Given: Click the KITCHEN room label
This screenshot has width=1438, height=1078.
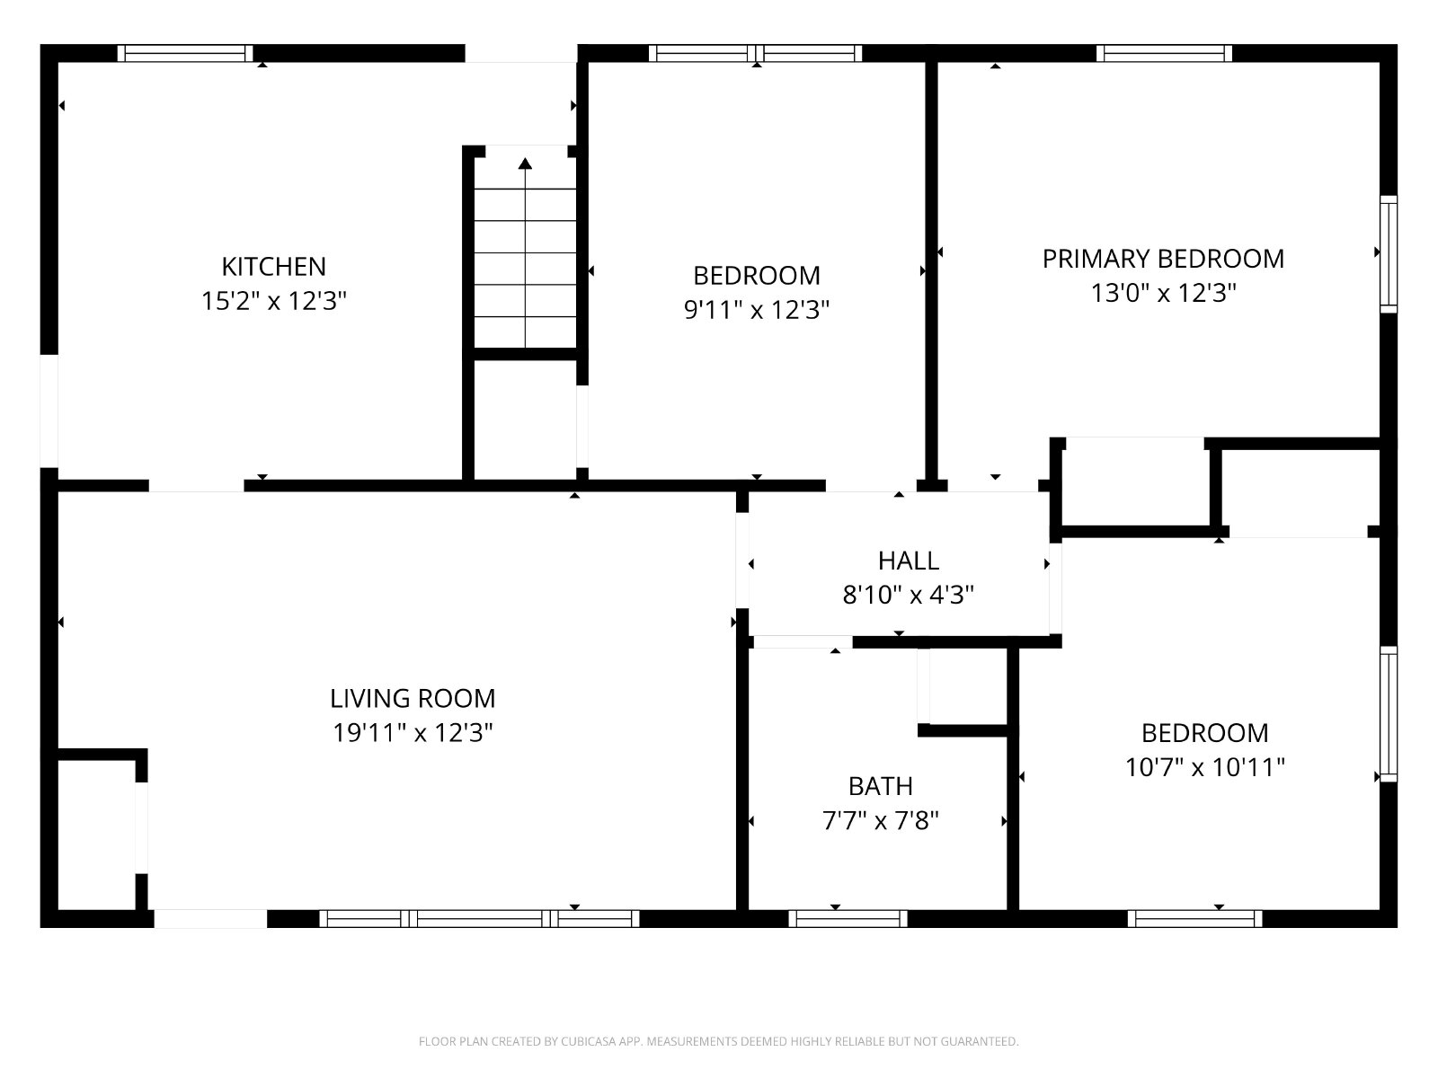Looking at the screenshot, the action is (x=273, y=267).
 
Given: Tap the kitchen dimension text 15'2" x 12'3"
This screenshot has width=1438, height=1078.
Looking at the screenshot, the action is (x=273, y=301).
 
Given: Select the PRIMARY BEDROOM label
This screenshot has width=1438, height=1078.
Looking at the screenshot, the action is (x=1163, y=259).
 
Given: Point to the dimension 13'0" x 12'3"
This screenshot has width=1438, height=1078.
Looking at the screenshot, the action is (x=1163, y=293).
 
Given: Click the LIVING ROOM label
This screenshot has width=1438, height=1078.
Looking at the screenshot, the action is (x=413, y=698).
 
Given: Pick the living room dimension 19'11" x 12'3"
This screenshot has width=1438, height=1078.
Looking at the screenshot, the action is (x=413, y=732).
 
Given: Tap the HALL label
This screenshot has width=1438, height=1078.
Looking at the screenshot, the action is (x=908, y=561).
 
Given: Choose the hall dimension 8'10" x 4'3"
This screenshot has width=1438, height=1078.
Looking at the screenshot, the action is (x=908, y=595).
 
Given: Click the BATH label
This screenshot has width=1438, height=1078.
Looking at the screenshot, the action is (x=881, y=786).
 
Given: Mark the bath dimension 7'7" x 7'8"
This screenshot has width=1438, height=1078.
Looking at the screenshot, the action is (x=881, y=820).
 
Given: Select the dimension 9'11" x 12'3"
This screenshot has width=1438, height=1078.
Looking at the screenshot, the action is (x=757, y=310).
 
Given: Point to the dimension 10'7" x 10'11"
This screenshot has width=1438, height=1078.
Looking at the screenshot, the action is (x=1205, y=766).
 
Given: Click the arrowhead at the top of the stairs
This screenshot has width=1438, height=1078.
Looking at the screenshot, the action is (x=525, y=163).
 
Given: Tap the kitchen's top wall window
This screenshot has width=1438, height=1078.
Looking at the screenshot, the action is (x=185, y=53).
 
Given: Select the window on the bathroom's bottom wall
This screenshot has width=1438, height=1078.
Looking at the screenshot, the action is (x=848, y=918).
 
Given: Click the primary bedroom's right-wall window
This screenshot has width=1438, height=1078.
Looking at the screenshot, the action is (x=1389, y=254).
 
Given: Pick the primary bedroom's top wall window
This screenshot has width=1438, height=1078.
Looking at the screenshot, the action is (x=1164, y=53).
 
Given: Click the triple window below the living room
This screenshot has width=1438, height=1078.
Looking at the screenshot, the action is (x=480, y=918).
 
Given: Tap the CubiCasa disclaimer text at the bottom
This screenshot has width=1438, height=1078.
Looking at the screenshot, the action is (x=719, y=1041).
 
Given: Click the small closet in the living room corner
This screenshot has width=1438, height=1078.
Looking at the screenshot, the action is (x=97, y=835).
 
